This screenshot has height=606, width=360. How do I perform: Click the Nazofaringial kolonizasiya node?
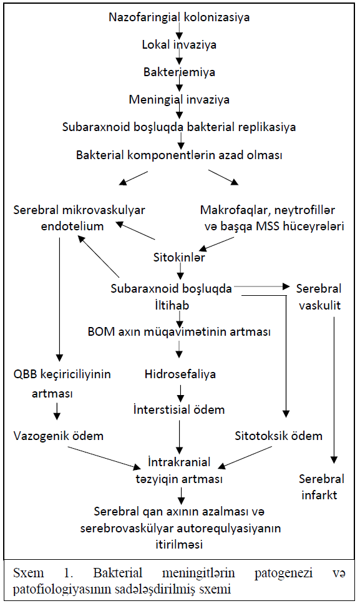pyautogui.click(x=179, y=17)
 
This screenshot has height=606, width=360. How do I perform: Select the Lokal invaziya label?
pyautogui.click(x=179, y=45)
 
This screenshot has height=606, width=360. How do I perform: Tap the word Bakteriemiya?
pyautogui.click(x=179, y=72)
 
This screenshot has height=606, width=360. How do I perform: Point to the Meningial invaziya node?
pyautogui.click(x=179, y=100)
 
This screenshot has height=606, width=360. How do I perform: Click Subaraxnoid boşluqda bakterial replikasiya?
pyautogui.click(x=179, y=127)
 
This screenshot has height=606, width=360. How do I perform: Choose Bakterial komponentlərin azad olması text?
pyautogui.click(x=179, y=155)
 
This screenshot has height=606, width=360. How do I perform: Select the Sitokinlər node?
pyautogui.click(x=179, y=257)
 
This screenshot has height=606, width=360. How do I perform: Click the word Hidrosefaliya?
pyautogui.click(x=180, y=374)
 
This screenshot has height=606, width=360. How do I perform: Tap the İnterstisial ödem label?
pyautogui.click(x=179, y=409)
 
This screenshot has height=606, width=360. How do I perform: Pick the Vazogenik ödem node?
pyautogui.click(x=59, y=436)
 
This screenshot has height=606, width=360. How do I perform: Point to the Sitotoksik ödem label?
pyautogui.click(x=278, y=436)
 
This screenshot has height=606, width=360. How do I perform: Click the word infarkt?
pyautogui.click(x=319, y=495)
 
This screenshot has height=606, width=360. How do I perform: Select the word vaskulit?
pyautogui.click(x=320, y=305)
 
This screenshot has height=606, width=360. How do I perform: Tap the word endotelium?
pyautogui.click(x=72, y=226)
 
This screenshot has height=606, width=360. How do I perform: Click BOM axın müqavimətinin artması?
pyautogui.click(x=179, y=331)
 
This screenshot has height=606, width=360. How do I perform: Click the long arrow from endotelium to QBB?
pyautogui.click(x=59, y=299)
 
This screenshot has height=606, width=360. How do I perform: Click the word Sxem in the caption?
pyautogui.click(x=28, y=573)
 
